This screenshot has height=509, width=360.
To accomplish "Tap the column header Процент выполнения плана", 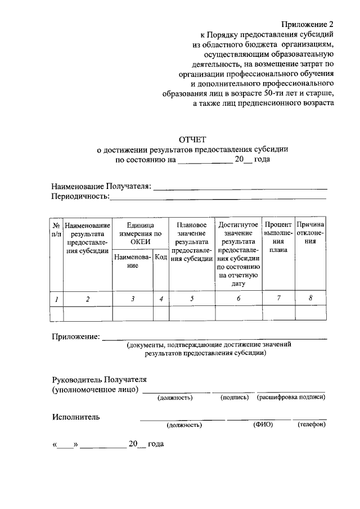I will [x=278, y=237].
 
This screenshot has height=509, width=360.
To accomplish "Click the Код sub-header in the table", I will [x=161, y=257].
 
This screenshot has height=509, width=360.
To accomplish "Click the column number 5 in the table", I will [x=192, y=299].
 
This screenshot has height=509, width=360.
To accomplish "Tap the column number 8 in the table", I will [x=310, y=298].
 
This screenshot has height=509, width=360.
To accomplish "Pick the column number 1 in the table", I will [x=56, y=299].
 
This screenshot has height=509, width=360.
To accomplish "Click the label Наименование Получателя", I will [x=101, y=186].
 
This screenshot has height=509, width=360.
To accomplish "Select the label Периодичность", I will [x=80, y=197].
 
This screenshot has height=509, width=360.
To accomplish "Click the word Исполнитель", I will [x=76, y=417].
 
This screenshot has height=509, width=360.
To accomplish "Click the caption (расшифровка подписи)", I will [x=291, y=398].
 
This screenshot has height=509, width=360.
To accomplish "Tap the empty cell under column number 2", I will [x=87, y=313].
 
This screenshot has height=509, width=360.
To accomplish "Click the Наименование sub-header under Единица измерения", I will [x=133, y=261].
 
